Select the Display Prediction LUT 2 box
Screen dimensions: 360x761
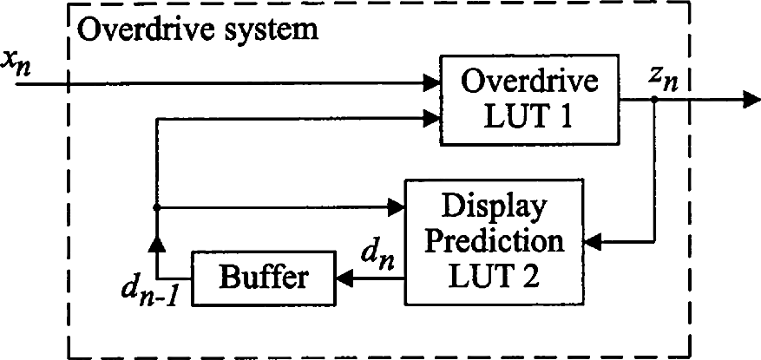tap(490, 241)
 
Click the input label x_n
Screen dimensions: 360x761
tap(17, 62)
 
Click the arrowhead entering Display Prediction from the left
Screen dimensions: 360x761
tap(398, 207)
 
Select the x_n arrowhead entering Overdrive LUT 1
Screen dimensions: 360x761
tap(430, 84)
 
